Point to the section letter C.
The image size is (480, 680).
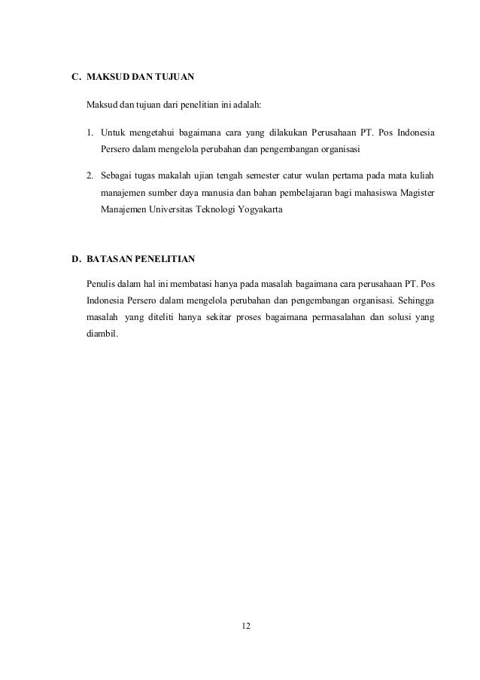[x=74, y=77]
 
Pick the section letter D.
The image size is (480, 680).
[x=74, y=259]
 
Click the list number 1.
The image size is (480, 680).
[x=90, y=135]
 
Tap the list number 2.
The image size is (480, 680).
[x=90, y=176]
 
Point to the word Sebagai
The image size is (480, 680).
[x=117, y=176]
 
